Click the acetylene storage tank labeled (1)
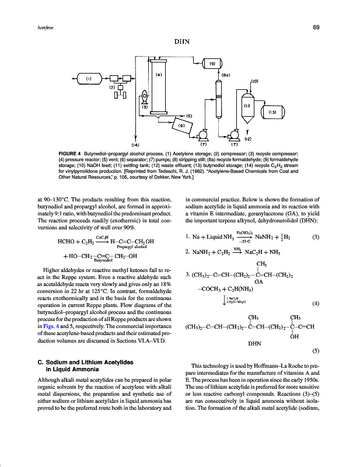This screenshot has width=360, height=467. [x=89, y=78]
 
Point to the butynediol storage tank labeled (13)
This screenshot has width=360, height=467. [x=272, y=111]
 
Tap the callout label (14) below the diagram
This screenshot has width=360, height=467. [x=136, y=143]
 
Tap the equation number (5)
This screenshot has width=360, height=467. [x=316, y=351]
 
